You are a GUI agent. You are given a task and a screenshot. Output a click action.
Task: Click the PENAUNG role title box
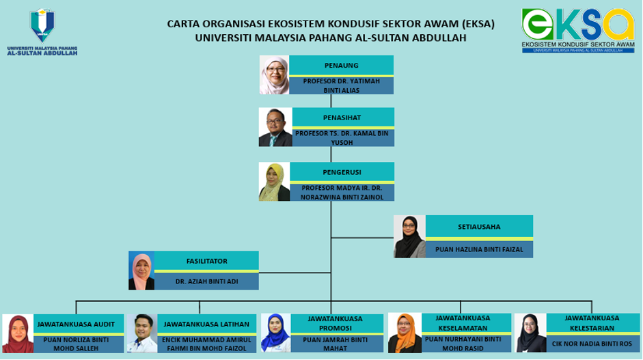341,66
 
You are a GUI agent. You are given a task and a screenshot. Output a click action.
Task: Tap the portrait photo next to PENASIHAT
275,127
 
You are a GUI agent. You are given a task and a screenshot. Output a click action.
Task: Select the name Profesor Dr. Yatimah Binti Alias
341,85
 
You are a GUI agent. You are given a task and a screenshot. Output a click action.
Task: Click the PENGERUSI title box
342,171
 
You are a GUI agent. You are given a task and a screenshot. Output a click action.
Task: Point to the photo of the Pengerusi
274,182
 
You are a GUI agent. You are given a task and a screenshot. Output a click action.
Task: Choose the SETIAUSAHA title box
479,226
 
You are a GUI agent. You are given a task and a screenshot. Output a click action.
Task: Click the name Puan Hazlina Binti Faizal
479,249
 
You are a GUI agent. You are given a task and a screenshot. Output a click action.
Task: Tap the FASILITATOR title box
206,261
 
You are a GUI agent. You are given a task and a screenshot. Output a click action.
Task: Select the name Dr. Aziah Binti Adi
206,281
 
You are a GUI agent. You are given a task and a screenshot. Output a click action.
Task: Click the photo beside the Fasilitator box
141,271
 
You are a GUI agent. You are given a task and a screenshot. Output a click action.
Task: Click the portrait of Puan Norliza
18,334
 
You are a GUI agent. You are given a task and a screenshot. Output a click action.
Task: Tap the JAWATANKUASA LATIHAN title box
206,324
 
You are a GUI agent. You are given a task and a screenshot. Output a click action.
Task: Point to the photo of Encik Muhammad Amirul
142,334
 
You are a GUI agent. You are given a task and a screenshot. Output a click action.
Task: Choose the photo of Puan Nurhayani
405,333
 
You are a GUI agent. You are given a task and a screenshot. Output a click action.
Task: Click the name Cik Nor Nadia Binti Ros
592,344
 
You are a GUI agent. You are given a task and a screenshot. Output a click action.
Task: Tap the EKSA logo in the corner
578,31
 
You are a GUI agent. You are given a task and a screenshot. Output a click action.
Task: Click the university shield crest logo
42,25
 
